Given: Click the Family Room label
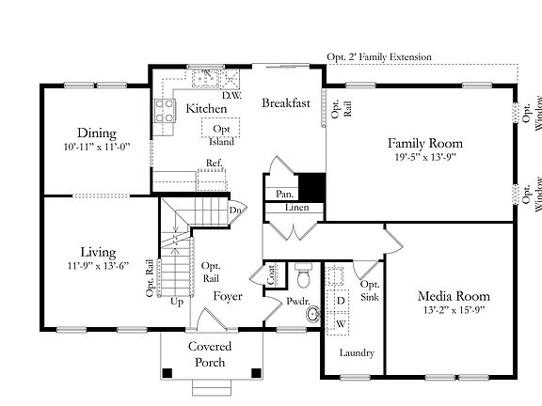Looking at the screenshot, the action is coord(425,143).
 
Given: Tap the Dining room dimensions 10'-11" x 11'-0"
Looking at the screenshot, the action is coord(97,147).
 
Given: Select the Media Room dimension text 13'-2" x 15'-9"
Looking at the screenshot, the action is coord(454,310).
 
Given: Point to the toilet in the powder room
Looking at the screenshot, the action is coord(304,275).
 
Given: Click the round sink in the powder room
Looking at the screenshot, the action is coord(313,314).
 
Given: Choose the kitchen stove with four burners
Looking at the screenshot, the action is coord(164,111).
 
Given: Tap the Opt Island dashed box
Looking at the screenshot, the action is coord(220,128).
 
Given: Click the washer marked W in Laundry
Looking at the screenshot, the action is coord(338,323).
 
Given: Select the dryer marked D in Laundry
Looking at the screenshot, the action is coord(338,301).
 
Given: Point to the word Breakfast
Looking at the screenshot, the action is coord(286,102).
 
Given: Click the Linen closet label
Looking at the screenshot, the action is coord(297,208).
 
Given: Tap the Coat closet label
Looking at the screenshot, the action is coord(272,275).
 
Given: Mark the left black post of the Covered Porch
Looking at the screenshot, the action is coord(167,373).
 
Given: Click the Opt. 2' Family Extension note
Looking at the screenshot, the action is coord(379,57).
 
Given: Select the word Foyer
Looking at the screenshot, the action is coord(228,296).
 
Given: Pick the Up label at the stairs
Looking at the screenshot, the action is coord(177,302).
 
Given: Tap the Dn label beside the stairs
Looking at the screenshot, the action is coord(234,210).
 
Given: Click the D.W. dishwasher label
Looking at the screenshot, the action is coord(231,95).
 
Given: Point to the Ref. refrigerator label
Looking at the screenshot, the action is coord(215,163).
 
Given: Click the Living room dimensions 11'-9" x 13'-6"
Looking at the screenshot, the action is coord(98,266).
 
